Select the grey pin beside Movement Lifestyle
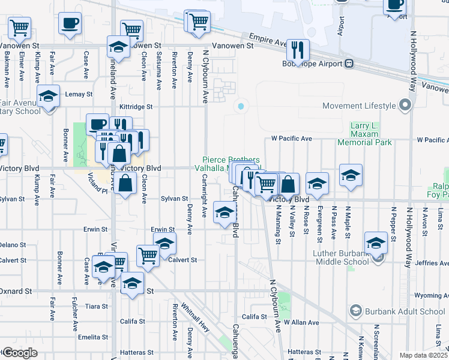405,106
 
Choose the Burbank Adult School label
406,311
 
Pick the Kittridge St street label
136,106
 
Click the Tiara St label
95,306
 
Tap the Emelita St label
96,336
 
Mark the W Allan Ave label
302,322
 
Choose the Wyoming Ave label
428,295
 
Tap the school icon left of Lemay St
48,96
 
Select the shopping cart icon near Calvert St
147,255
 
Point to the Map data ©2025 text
423,355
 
